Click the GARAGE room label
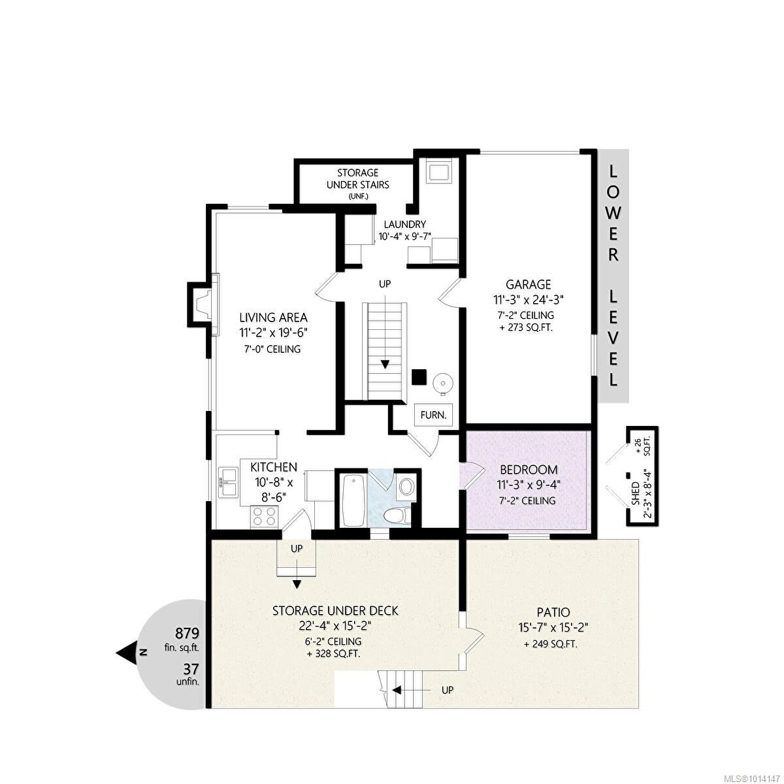coord(528,284)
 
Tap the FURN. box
coord(433,415)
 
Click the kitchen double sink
coord(229,482)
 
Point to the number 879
coord(187,634)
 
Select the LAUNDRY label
coord(405,224)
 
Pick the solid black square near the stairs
coord(419,376)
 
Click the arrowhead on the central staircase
coord(385,364)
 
